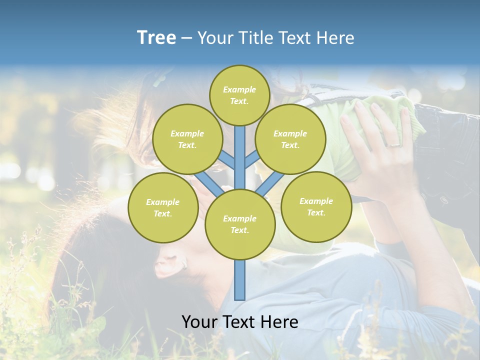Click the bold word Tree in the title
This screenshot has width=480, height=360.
(156, 38)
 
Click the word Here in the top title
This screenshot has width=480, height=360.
(335, 38)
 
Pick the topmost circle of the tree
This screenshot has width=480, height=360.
(239, 95)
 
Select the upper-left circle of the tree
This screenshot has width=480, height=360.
(187, 139)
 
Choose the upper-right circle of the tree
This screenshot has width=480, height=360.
(290, 139)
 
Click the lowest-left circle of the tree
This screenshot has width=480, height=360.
(162, 207)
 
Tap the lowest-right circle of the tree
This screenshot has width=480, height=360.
(316, 206)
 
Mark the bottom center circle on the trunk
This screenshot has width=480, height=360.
(239, 224)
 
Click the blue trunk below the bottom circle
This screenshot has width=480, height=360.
(239, 280)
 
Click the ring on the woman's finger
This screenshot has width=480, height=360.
(394, 145)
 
